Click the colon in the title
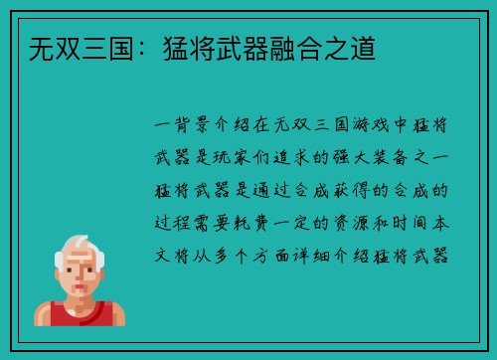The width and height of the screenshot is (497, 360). (124, 46)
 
